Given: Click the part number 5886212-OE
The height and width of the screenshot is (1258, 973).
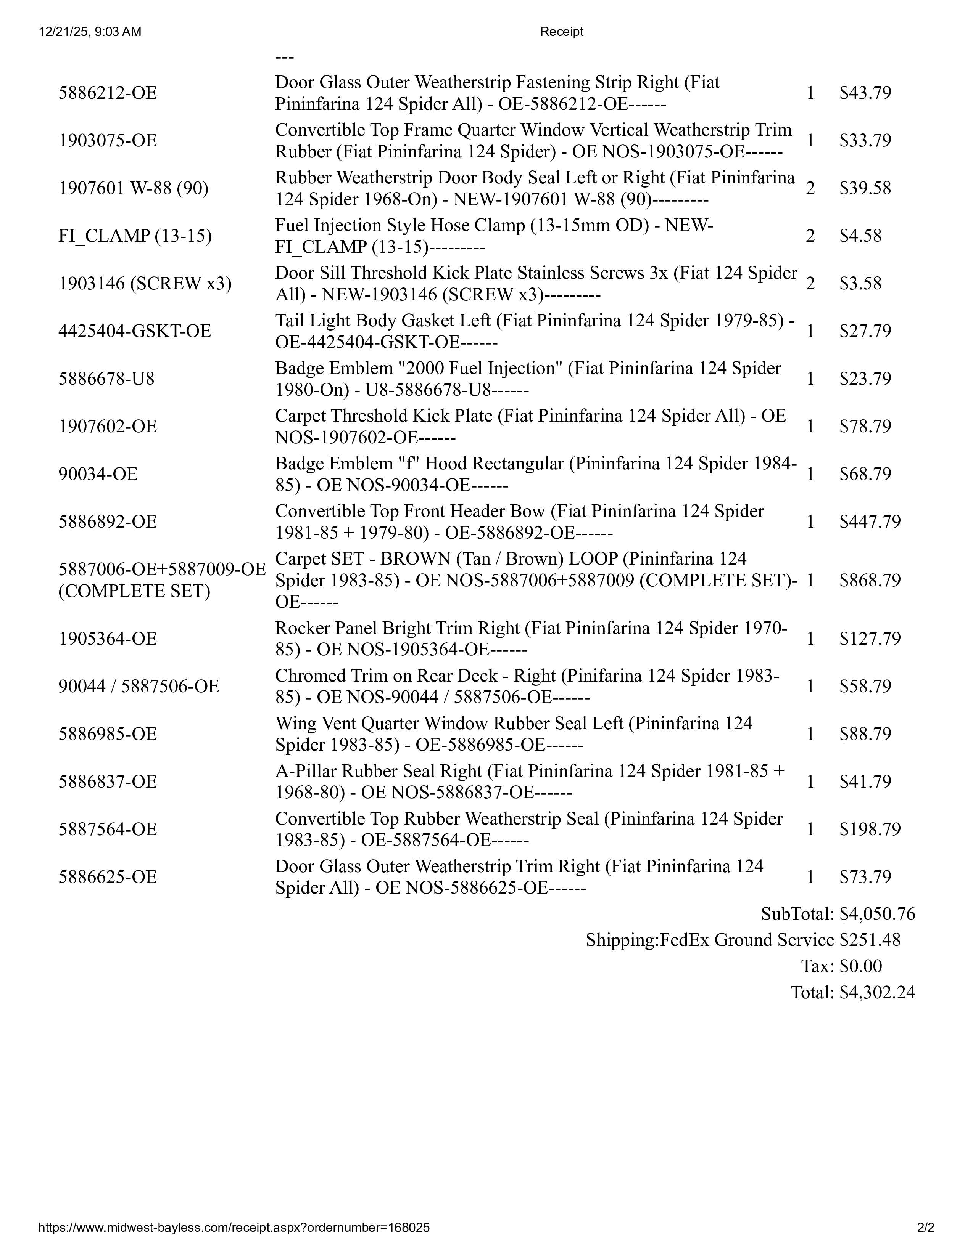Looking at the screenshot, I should (x=107, y=93).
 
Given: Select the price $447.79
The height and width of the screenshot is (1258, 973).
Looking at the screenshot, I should (x=869, y=521).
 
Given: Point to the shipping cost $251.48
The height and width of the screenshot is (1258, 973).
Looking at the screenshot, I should (x=869, y=940).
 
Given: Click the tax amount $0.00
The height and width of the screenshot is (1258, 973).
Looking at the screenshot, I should (x=860, y=966).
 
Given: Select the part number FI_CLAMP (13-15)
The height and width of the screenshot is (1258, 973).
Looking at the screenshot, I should (x=135, y=236).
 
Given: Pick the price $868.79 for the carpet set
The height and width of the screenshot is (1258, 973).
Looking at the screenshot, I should (x=869, y=580).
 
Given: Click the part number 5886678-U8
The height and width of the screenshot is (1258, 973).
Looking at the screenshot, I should (x=106, y=379).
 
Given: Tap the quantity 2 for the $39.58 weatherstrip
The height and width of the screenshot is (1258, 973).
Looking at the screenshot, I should (x=810, y=188).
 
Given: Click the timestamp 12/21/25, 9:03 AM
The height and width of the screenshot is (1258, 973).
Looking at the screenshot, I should (x=90, y=32).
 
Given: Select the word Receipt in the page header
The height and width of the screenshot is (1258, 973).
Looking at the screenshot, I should (x=561, y=32).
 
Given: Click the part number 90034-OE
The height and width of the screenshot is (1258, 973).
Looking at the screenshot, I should (x=98, y=473).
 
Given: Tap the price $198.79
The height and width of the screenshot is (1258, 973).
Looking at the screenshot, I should (x=869, y=829).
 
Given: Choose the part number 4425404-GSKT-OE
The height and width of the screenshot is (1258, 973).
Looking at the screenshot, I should (x=135, y=331).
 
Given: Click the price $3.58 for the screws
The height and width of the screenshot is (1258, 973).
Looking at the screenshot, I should (x=860, y=283).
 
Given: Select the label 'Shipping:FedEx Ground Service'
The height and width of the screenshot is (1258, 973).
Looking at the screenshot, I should (x=710, y=940).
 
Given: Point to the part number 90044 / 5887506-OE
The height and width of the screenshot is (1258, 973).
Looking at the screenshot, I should (x=139, y=686).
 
